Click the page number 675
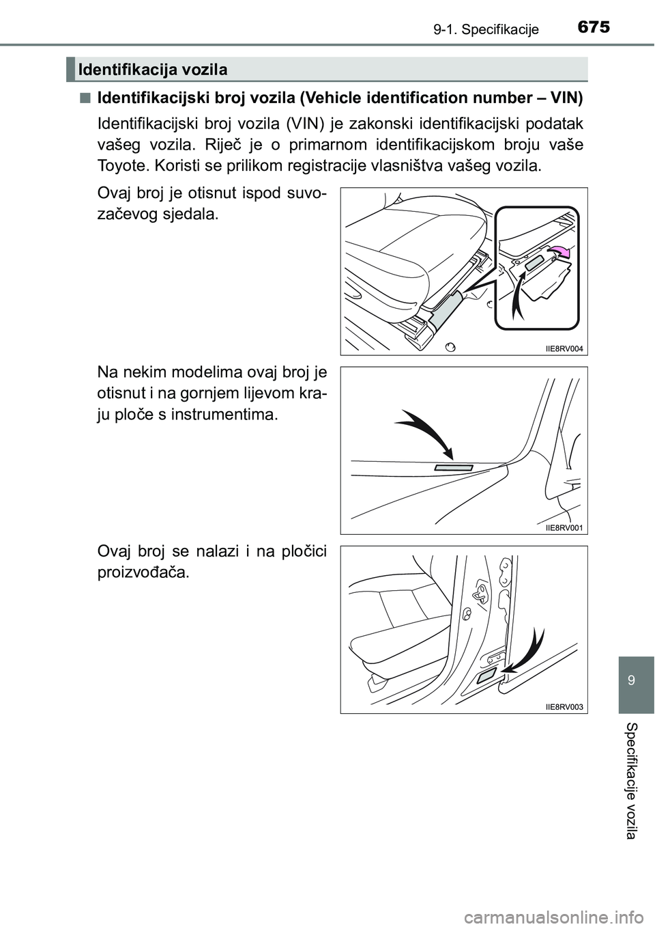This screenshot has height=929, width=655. pyautogui.click(x=592, y=27)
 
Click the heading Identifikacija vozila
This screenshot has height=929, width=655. pyautogui.click(x=152, y=70)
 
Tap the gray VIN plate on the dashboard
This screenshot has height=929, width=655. pyautogui.click(x=454, y=468)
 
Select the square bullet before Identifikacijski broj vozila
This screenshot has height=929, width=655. pyautogui.click(x=83, y=98)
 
